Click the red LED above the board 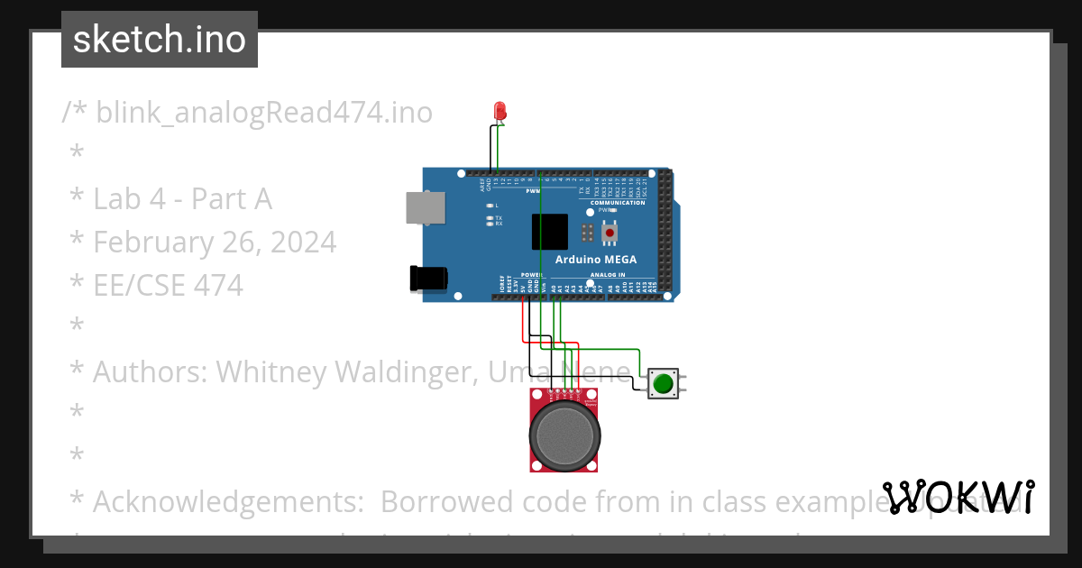point(500,111)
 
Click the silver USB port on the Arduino point(426,208)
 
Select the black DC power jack point(428,278)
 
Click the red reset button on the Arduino point(610,234)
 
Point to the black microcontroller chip point(549,231)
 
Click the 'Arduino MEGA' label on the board point(595,260)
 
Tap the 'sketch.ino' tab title point(160,40)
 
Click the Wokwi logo point(958,497)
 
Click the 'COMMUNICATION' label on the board point(618,203)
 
